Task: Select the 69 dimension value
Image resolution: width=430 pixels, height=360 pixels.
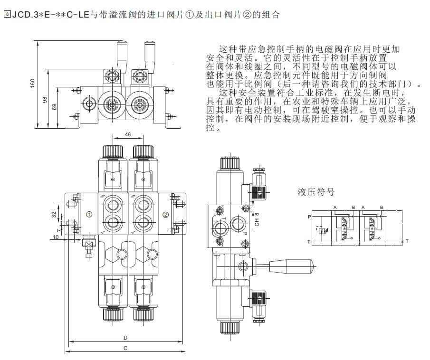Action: click(54, 107)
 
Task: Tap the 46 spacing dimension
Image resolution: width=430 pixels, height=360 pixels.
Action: click(127, 135)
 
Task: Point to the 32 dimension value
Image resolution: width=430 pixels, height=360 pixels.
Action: click(54, 214)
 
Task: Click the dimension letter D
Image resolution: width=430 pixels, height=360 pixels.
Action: click(125, 338)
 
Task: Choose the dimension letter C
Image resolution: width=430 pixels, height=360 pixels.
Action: click(125, 348)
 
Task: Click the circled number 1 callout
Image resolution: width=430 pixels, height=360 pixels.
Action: click(89, 215)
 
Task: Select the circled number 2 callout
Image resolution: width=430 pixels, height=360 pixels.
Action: click(165, 215)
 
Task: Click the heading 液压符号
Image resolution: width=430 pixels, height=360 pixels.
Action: click(316, 192)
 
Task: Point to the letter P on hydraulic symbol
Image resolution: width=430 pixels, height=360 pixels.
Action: click(309, 217)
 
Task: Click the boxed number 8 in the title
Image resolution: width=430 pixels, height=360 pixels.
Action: click(6, 14)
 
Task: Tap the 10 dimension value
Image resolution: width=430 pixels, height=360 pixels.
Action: click(56, 237)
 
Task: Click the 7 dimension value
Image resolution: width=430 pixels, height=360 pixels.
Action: click(58, 229)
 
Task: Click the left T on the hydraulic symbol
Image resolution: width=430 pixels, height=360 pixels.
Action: click(309, 241)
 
